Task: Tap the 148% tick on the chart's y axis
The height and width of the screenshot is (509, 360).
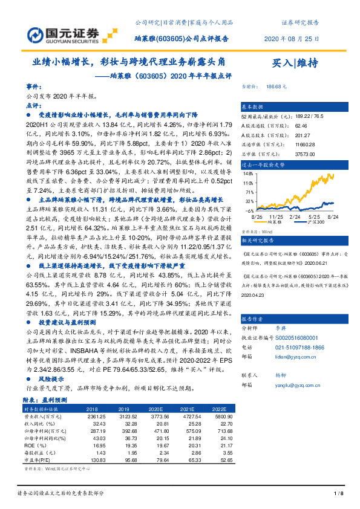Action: tap(249, 173)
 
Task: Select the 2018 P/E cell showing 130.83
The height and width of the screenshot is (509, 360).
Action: tap(97, 461)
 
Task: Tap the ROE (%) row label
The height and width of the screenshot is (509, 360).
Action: tap(33, 446)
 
